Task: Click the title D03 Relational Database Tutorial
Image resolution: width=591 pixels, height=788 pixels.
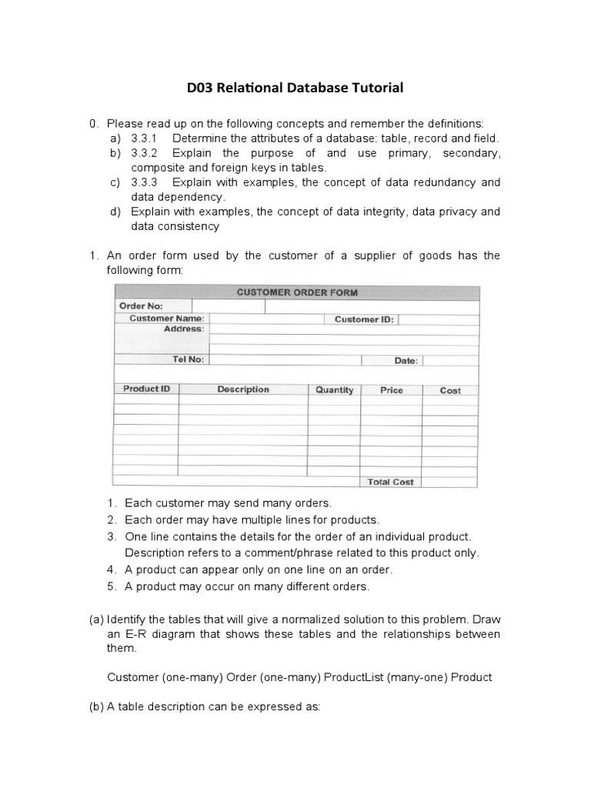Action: [x=295, y=88]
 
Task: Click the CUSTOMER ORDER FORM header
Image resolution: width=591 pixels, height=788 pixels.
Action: [x=296, y=292]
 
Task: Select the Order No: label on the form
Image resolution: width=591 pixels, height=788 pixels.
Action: [x=140, y=306]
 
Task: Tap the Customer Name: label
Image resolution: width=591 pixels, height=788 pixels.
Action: [x=166, y=319]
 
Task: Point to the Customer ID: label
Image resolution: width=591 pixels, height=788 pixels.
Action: [x=364, y=319]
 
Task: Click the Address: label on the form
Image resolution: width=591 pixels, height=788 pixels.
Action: [x=184, y=329]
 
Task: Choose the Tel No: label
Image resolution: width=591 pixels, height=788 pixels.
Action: [x=188, y=359]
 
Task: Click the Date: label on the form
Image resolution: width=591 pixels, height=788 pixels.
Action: [x=406, y=360]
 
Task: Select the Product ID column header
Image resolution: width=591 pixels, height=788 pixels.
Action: [x=146, y=389]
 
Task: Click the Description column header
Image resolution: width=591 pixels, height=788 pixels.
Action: [x=243, y=389]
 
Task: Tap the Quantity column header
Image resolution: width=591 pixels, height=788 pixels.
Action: [x=334, y=390]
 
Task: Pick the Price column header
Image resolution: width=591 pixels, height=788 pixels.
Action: [x=391, y=390]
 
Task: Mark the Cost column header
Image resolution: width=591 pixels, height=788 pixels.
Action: [x=450, y=390]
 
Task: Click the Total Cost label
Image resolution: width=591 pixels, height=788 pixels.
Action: [x=390, y=482]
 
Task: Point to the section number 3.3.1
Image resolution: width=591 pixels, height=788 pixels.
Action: [x=144, y=139]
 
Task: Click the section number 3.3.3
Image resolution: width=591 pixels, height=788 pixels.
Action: [x=144, y=182]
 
